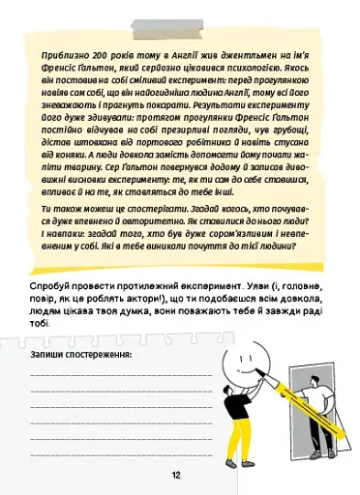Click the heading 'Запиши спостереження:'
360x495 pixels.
[81, 356]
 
